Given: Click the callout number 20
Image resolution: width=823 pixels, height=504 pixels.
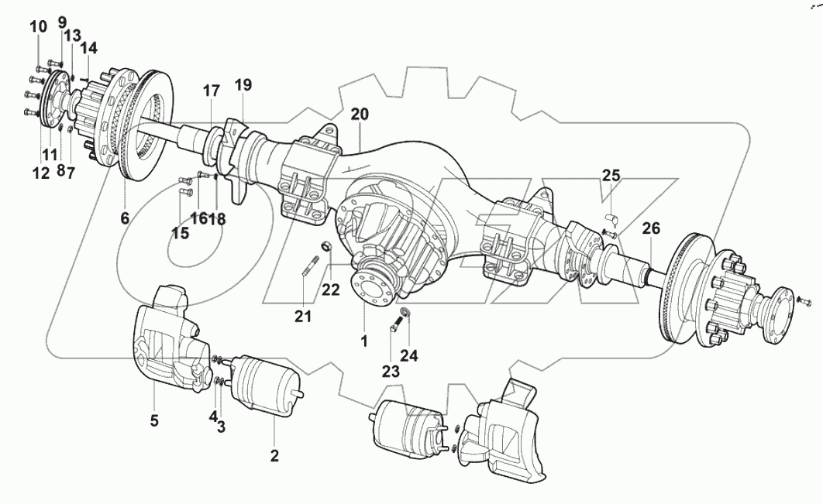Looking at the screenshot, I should (359, 115).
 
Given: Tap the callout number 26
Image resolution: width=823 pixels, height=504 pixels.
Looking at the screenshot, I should (651, 229).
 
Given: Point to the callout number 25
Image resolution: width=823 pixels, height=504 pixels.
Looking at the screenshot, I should (612, 176).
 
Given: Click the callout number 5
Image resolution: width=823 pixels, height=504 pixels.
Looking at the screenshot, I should (154, 420).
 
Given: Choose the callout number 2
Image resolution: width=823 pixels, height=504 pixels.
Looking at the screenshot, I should (274, 455).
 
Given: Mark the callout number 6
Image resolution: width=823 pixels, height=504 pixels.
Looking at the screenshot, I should (125, 218).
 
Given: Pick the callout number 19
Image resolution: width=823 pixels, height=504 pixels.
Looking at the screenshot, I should (243, 85).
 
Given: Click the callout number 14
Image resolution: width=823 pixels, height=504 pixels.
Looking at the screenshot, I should (88, 48).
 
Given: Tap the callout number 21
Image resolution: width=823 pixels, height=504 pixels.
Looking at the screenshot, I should (303, 315).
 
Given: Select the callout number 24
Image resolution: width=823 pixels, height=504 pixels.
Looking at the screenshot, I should (409, 356).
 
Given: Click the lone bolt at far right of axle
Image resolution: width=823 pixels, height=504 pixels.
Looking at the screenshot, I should (804, 300).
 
